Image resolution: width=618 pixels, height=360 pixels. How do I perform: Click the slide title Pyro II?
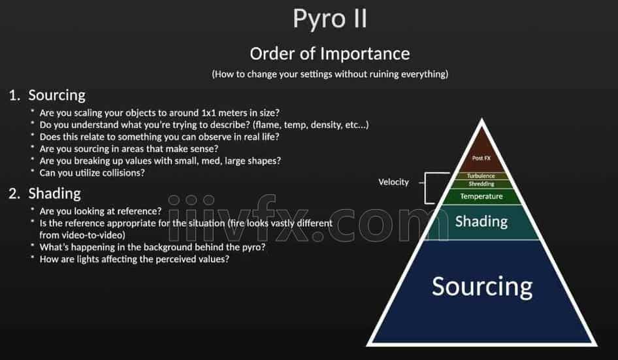(329, 19)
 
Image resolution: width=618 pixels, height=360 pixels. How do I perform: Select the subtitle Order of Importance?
(330, 54)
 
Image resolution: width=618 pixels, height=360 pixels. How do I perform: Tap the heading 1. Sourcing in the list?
(47, 96)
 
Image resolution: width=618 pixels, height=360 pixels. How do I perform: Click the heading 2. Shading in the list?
(45, 193)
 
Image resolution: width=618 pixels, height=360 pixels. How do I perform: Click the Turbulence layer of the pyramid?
(481, 176)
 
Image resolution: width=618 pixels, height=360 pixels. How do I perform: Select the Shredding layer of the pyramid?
(481, 184)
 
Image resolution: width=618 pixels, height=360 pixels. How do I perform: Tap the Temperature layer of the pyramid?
(481, 197)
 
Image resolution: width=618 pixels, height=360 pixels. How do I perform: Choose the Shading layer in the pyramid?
(481, 222)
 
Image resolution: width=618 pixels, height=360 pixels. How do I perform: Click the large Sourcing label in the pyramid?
(482, 287)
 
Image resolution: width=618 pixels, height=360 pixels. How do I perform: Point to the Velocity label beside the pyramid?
(393, 182)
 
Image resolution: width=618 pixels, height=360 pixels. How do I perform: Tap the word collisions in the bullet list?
(125, 172)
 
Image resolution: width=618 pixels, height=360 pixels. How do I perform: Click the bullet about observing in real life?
(159, 137)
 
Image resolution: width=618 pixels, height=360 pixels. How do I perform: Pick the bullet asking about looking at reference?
(101, 211)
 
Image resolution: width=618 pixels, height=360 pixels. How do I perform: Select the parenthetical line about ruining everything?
(330, 74)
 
